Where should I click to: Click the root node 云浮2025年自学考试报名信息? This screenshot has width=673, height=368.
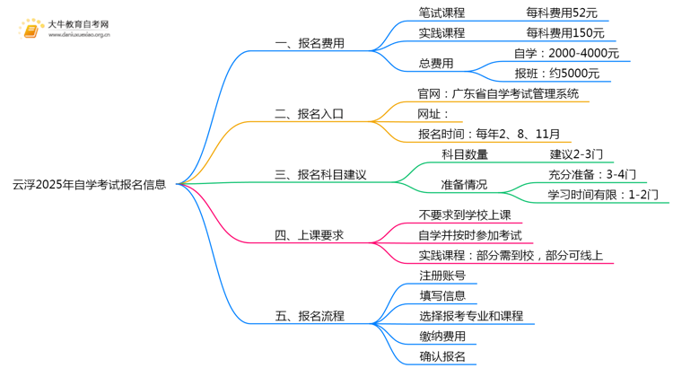coord(89,185)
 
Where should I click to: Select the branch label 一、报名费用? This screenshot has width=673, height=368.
coord(310,43)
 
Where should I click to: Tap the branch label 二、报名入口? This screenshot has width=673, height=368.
coord(309,114)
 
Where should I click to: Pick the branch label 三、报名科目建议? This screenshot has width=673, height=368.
coord(320,175)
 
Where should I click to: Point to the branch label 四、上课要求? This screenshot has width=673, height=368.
coord(309,235)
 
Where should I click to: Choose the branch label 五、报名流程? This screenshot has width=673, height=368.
coord(310,316)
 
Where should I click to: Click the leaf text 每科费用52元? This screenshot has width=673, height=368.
coord(562,13)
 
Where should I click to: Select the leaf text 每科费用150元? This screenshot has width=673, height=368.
coord(565,33)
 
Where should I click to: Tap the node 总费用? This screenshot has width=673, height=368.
coord(436,64)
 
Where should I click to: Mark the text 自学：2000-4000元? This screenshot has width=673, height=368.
coord(566,53)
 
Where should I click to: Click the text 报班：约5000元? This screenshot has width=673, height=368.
coord(557,74)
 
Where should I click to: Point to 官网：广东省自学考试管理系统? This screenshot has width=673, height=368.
coord(498,93)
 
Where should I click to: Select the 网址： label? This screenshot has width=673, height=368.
coord(433,114)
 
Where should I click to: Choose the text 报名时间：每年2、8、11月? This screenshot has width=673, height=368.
coord(489,134)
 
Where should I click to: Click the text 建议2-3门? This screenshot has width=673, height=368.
coord(576,154)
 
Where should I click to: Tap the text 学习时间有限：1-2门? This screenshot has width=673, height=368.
coord(603,195)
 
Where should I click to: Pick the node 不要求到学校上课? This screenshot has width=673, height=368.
coord(465,215)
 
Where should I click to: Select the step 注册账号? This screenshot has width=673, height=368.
coord(442,276)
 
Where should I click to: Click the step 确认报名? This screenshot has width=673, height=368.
coord(442,356)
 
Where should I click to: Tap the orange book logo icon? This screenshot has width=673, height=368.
coord(31,30)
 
